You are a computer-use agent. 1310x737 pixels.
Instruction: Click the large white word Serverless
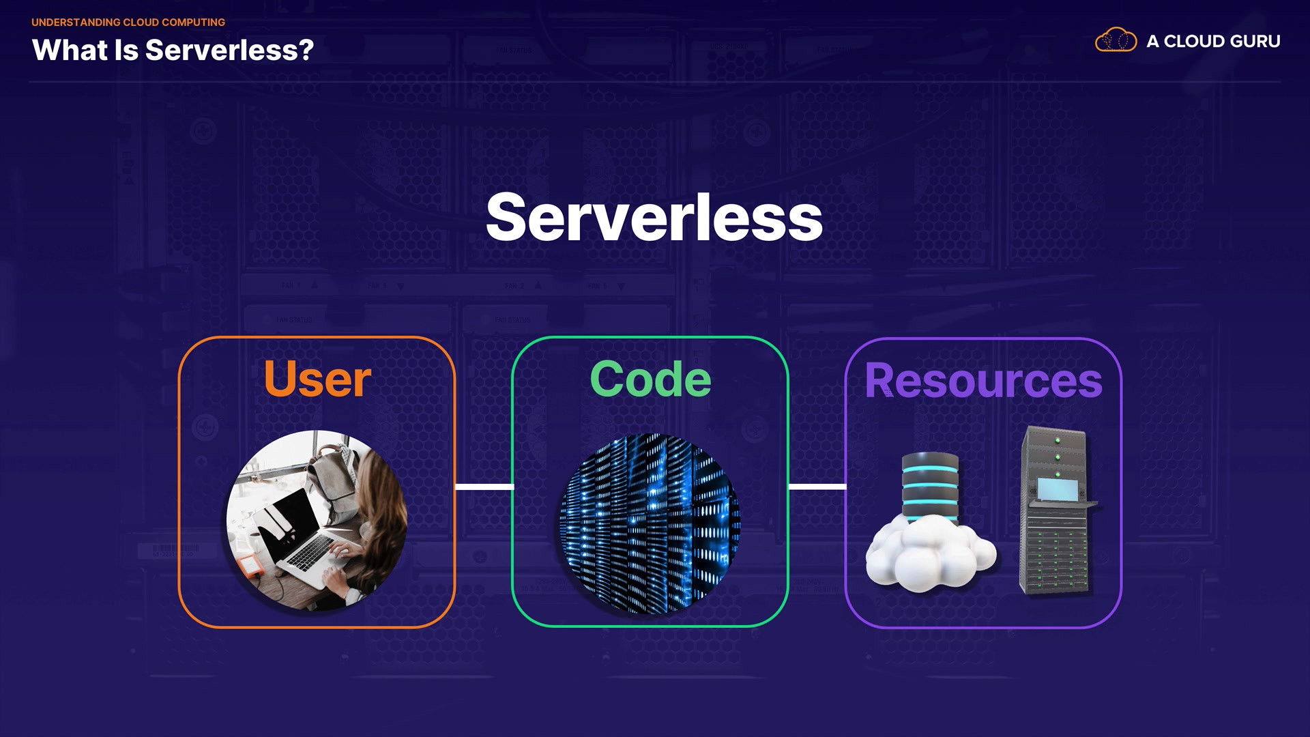(654, 217)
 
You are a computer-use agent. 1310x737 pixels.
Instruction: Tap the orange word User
(317, 379)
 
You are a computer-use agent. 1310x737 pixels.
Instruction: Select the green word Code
(650, 379)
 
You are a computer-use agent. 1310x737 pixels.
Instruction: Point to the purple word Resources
(983, 381)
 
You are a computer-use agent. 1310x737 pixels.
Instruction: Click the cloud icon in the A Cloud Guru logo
(1116, 40)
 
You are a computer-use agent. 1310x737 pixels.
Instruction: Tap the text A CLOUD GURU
(1213, 42)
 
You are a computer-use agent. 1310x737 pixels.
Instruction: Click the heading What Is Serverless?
(173, 50)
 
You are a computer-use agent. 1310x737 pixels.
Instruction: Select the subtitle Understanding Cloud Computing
(128, 23)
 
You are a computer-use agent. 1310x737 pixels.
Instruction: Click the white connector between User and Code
(484, 487)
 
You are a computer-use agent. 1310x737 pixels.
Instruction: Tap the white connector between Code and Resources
(817, 487)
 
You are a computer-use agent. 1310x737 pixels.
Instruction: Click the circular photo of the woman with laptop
(317, 520)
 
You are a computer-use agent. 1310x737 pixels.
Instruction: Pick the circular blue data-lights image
(650, 523)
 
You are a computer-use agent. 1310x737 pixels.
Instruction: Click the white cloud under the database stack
(929, 553)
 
